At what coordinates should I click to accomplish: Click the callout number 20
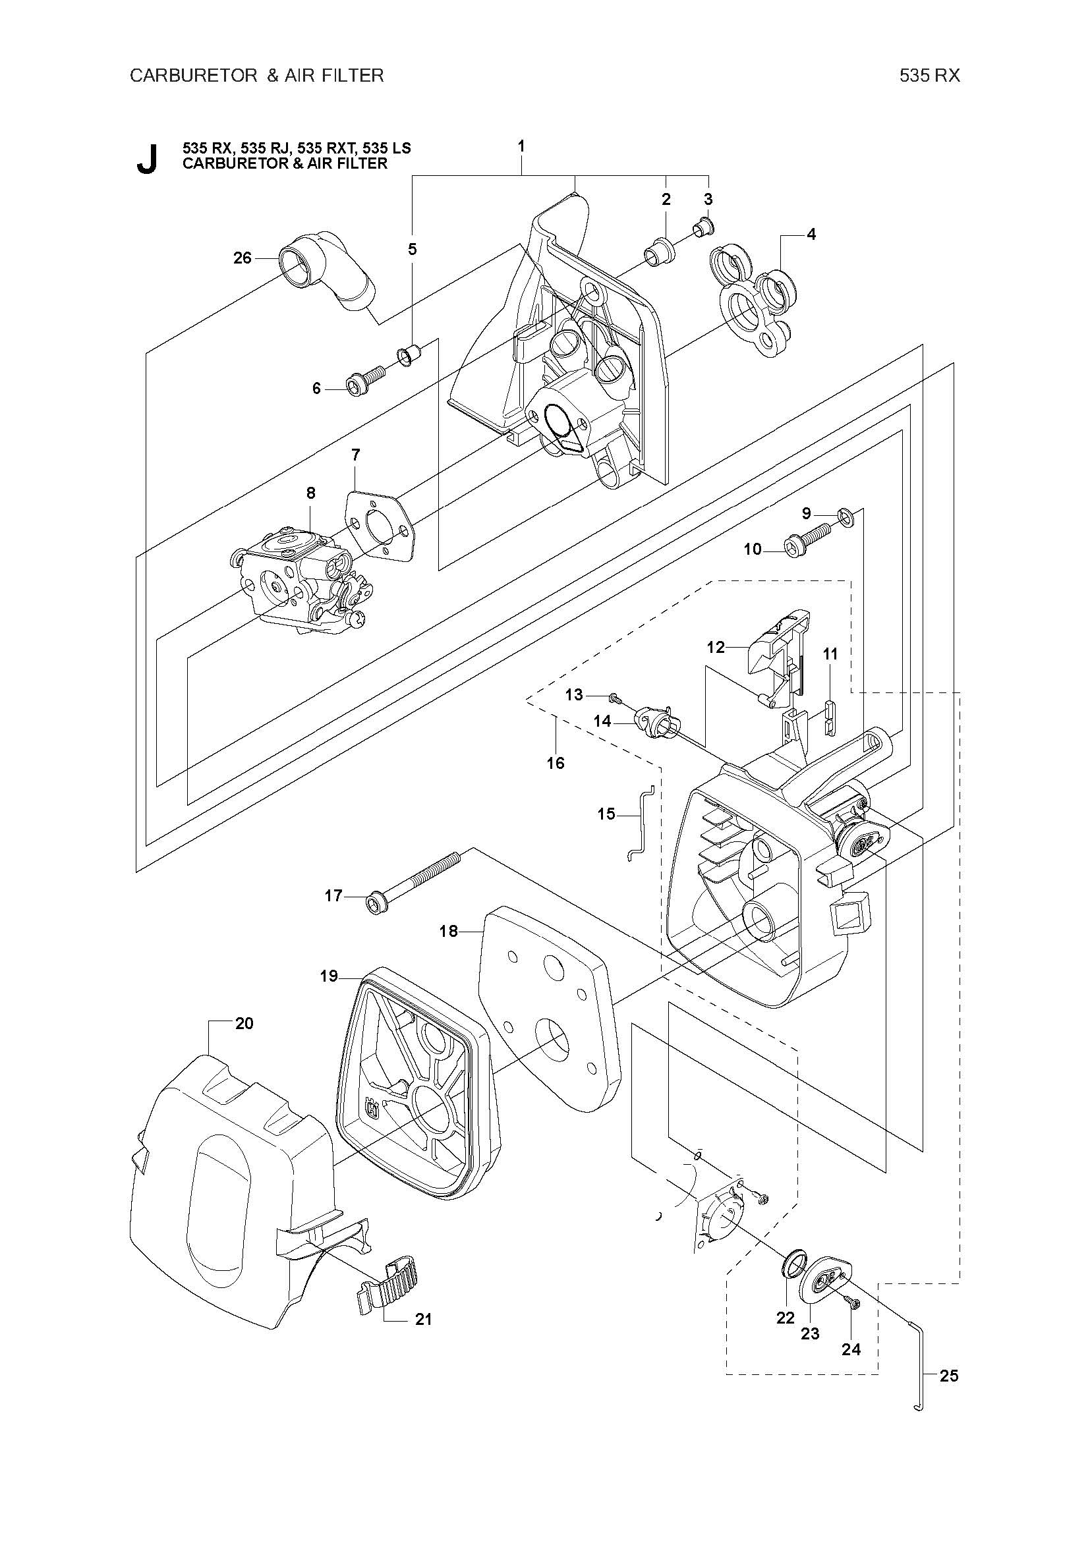244,1024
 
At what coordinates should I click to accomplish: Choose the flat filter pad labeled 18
549,1006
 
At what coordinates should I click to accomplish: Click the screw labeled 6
365,380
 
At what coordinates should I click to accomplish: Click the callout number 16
556,762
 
